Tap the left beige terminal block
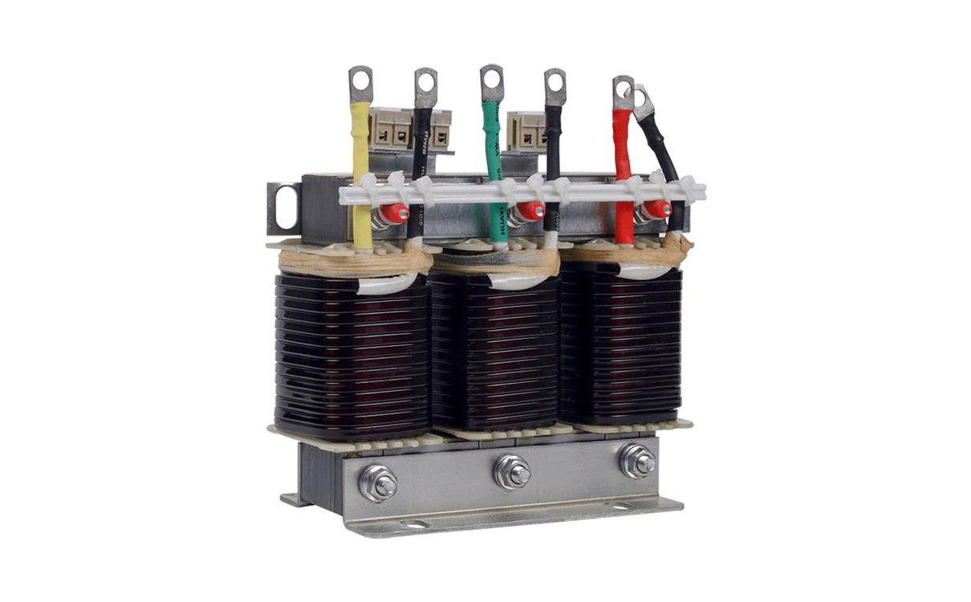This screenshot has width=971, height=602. click(x=402, y=128)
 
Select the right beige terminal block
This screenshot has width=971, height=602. click(x=526, y=128)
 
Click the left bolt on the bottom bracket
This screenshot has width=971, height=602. click(x=377, y=484)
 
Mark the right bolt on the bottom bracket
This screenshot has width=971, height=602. click(x=638, y=461)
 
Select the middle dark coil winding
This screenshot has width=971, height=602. click(x=495, y=353)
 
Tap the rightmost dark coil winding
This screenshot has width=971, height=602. click(x=623, y=345)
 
